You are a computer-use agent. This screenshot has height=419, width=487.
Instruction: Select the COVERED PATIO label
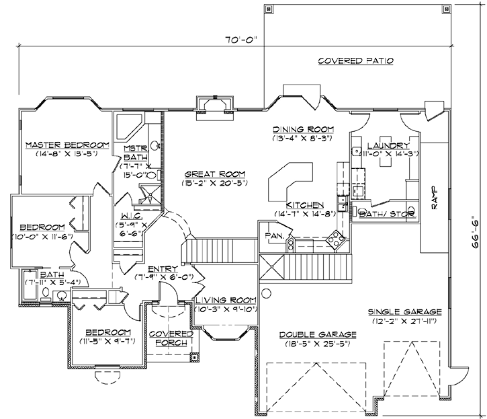pyautogui.click(x=355, y=61)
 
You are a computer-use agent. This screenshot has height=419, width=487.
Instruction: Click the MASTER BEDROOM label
pyautogui.click(x=67, y=145)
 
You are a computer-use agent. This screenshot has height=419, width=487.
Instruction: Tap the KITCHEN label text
pyautogui.click(x=306, y=205)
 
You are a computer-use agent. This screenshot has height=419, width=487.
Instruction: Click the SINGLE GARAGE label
pyautogui.click(x=404, y=312)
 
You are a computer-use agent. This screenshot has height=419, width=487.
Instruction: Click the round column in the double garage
pyautogui.click(x=266, y=293)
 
